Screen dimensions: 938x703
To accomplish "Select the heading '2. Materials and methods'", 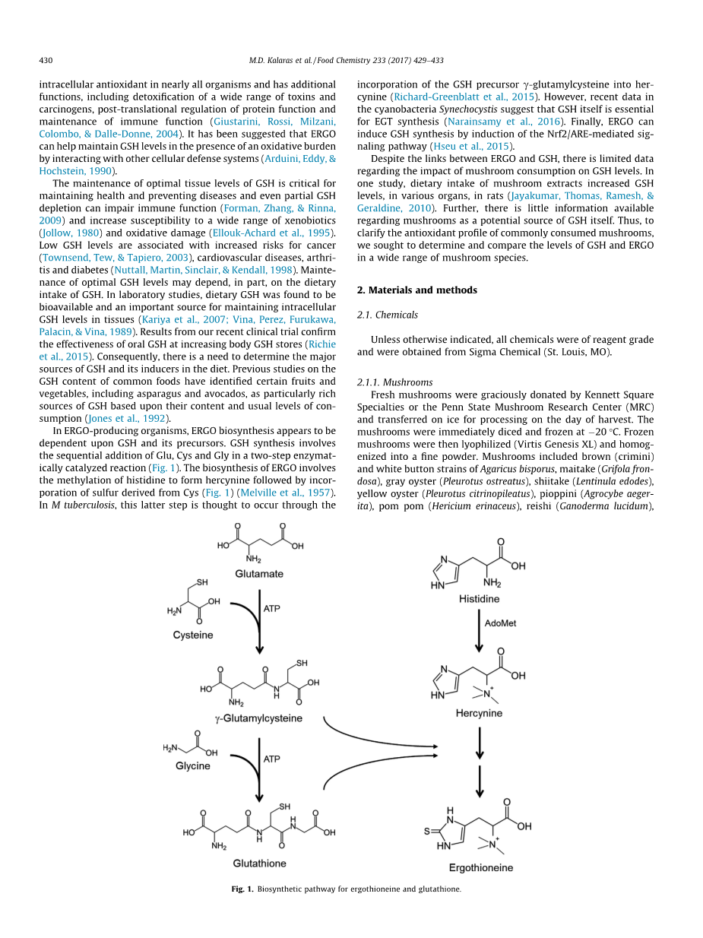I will click(417, 290).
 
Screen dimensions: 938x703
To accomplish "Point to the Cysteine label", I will click(193, 635).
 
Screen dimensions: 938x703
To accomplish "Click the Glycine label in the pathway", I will click(193, 765).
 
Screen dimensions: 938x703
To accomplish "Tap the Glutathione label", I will click(260, 863).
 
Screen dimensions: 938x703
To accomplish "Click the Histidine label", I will click(479, 599).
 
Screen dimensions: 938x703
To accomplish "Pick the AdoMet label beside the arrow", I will click(500, 623).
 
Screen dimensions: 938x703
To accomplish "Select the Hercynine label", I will click(479, 713).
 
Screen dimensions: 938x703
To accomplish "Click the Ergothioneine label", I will click(480, 867).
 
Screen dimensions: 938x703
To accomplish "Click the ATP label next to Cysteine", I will click(272, 609).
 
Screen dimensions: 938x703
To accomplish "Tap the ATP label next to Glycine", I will click(272, 759).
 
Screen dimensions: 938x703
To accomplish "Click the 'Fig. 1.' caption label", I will click(242, 889).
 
